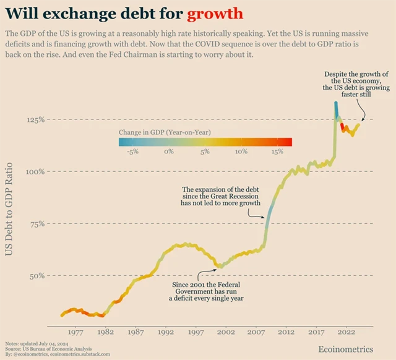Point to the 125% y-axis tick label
click(x=35, y=119)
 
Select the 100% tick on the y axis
click(x=35, y=171)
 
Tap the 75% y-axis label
click(x=37, y=224)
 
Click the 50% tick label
click(x=37, y=276)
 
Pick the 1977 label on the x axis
click(x=75, y=332)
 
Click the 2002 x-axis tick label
click(x=225, y=332)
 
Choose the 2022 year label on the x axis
click(x=345, y=332)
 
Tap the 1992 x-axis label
click(x=165, y=332)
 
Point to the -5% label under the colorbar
click(x=132, y=152)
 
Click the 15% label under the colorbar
click(x=277, y=152)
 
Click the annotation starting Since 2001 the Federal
click(x=207, y=291)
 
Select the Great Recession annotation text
click(x=221, y=195)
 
